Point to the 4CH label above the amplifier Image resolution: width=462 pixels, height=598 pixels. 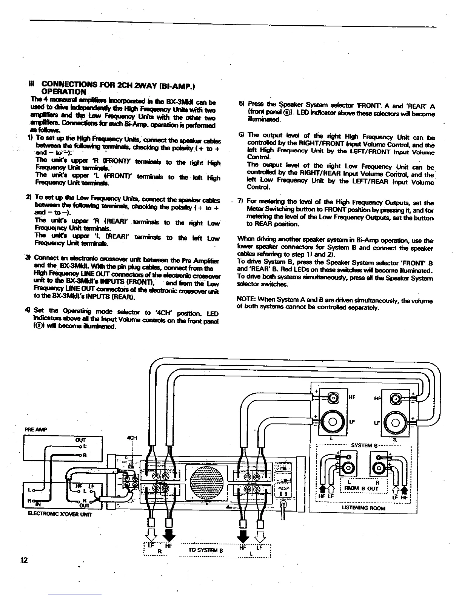(132, 438)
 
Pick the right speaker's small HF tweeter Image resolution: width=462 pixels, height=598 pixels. (396, 398)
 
